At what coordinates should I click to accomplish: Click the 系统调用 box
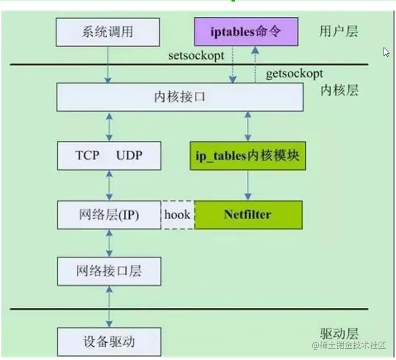point(107,32)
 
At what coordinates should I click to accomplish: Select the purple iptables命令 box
point(246,32)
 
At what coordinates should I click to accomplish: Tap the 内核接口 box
point(179,97)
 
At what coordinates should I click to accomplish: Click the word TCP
point(88,156)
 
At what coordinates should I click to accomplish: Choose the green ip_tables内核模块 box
point(248,156)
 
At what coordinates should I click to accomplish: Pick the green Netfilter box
point(248,214)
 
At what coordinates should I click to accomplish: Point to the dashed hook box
point(177,214)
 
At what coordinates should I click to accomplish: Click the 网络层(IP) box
point(109,214)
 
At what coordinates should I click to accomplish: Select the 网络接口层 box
point(109,271)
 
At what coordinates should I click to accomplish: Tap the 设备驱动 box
point(109,341)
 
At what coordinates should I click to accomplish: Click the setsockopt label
point(196,56)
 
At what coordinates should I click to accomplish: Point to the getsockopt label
point(294,74)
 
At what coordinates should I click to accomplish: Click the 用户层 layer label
point(338,32)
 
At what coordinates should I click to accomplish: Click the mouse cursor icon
point(386,52)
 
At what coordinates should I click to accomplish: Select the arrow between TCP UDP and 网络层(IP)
point(109,185)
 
